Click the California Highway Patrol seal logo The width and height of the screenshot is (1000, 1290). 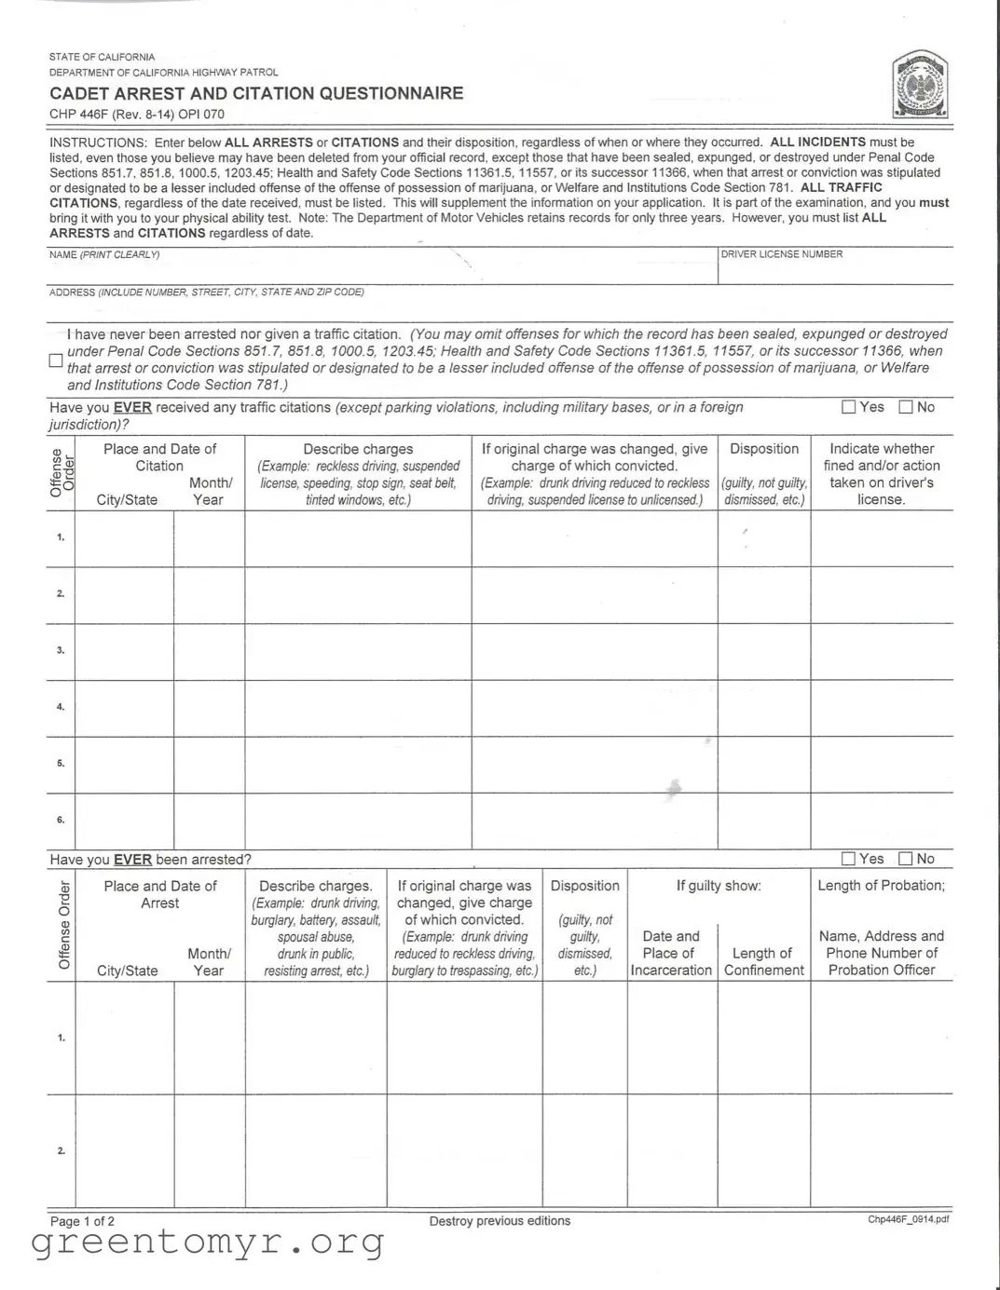[x=920, y=86]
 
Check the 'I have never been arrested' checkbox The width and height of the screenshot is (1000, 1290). [x=56, y=360]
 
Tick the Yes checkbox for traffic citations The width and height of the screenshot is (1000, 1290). [x=848, y=407]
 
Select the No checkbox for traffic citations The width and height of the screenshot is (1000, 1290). [x=905, y=407]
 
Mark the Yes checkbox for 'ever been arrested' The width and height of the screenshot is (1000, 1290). [x=848, y=859]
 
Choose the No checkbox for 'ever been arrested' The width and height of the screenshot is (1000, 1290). [x=905, y=859]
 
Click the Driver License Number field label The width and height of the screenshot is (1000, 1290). [x=781, y=254]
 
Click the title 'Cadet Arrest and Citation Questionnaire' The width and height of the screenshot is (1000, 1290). [x=256, y=93]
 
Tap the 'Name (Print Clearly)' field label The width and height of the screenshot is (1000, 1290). [x=104, y=254]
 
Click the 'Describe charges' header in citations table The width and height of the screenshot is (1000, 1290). [x=358, y=449]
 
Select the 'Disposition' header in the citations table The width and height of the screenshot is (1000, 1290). [x=764, y=449]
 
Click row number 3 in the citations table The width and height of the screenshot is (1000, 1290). [x=61, y=650]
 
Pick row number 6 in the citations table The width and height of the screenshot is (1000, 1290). [x=61, y=820]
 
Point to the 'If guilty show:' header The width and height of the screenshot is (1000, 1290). [x=719, y=886]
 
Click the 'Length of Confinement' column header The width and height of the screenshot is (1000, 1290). [x=763, y=961]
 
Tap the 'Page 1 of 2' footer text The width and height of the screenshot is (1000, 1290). [x=83, y=1221]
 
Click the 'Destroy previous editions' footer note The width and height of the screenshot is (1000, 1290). [x=500, y=1221]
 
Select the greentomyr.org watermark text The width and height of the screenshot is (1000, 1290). [x=208, y=1242]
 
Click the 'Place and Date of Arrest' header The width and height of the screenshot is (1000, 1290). [x=159, y=894]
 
